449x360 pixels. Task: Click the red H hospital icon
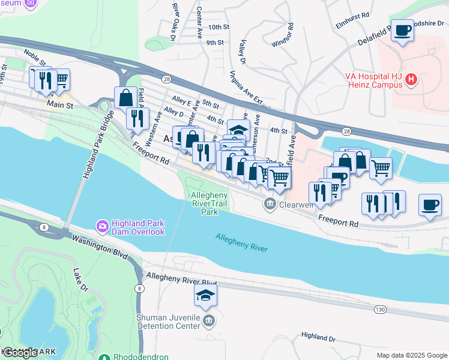coord(411,79)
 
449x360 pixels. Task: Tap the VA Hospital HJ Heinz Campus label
coord(373,80)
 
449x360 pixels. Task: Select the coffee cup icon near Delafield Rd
coord(402,30)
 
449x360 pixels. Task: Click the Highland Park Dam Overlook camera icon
coord(102,226)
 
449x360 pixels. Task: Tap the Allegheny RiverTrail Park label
coord(209,203)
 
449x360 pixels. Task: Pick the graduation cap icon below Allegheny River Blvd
coord(205,296)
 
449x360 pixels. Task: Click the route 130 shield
coord(379,309)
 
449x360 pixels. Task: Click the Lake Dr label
coord(80,281)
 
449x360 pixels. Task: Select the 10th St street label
coord(219,27)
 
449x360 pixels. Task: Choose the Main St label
coord(60,105)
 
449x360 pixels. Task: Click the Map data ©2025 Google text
coord(411,355)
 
